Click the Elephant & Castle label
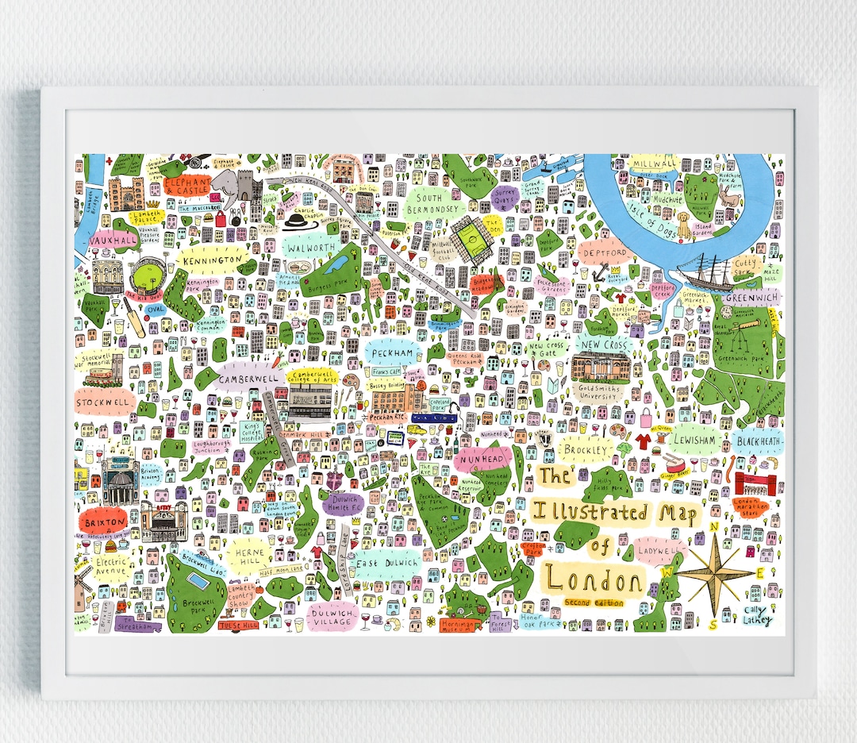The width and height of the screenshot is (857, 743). click(187, 187)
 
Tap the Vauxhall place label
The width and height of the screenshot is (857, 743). click(112, 240)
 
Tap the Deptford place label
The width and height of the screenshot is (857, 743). click(605, 252)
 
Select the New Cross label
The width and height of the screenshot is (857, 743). click(605, 345)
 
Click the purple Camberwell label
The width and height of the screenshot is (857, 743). click(248, 379)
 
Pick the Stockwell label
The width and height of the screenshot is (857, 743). click(102, 402)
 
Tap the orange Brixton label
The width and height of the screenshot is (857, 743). click(102, 522)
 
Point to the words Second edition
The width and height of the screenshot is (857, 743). click(594, 603)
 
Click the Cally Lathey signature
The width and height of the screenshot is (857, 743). click(756, 615)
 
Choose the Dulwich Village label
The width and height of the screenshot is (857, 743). click(332, 617)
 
